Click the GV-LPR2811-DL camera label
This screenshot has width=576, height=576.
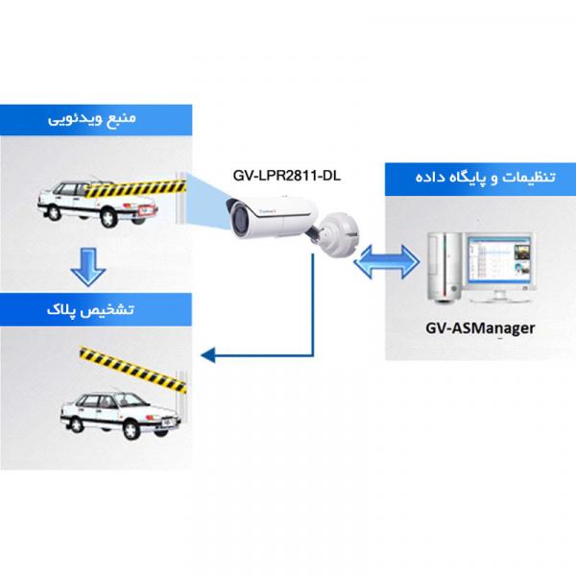[x=287, y=176]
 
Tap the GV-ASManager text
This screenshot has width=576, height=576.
[x=480, y=327]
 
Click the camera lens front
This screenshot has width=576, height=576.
[x=236, y=216]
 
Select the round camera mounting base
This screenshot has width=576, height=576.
[x=339, y=234]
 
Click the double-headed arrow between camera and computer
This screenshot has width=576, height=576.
[x=387, y=262]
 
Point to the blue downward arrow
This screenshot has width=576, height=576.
[x=88, y=267]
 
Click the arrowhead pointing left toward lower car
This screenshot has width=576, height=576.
[x=208, y=355]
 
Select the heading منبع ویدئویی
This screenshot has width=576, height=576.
[x=92, y=119]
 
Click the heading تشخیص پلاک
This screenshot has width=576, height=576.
[x=90, y=310]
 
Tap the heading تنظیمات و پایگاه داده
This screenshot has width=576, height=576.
[x=485, y=178]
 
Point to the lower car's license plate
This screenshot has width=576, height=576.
[x=169, y=422]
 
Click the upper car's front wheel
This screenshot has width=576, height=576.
[x=109, y=217]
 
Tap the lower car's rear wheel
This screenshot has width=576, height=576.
[x=76, y=424]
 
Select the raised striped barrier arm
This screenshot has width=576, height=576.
[x=133, y=369]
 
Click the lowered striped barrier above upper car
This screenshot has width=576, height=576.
[x=135, y=188]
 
